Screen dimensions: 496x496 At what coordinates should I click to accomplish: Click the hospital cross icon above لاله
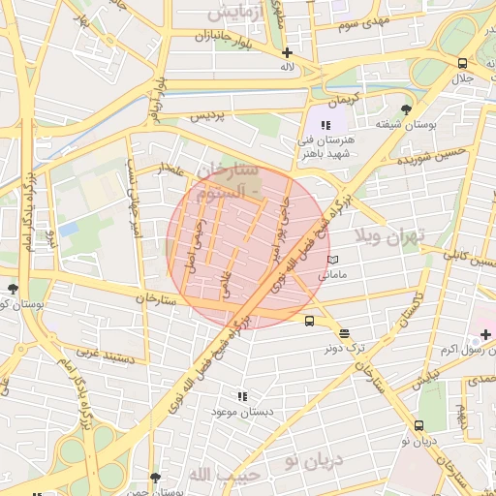[x=286, y=52]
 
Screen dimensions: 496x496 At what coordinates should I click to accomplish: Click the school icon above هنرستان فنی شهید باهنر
[x=326, y=125]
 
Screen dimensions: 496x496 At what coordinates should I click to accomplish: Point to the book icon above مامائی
[x=332, y=260]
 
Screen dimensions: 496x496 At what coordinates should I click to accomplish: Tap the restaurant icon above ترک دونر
[x=345, y=332]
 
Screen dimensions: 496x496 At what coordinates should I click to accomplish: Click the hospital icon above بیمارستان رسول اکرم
[x=484, y=334]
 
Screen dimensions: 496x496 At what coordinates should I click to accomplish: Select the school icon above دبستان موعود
[x=242, y=396]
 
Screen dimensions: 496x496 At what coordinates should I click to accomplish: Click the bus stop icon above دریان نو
[x=418, y=425]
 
